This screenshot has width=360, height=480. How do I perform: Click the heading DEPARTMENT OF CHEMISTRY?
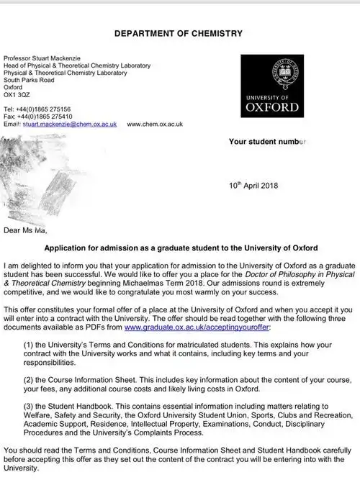click(179, 33)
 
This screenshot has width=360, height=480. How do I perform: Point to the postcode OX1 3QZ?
click(17, 94)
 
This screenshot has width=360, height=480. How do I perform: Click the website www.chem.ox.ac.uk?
click(155, 124)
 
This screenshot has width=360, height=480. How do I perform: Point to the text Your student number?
click(267, 142)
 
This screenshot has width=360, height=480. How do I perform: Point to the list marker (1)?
click(31, 343)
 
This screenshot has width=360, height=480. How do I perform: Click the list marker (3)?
click(31, 405)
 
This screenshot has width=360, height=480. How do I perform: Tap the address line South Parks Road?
click(30, 79)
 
